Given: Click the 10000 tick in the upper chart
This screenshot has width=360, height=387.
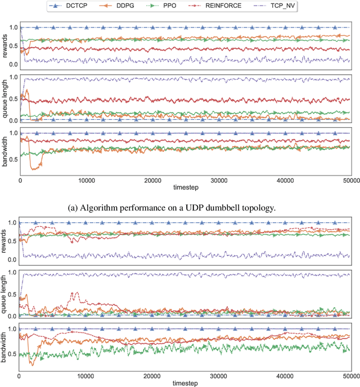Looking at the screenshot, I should pyautogui.click(x=86, y=180).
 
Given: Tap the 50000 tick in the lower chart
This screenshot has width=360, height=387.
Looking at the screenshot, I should pyautogui.click(x=350, y=375).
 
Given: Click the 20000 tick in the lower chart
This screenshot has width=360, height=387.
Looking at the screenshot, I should pyautogui.click(x=152, y=375).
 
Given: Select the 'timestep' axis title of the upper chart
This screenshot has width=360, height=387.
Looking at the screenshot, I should pyautogui.click(x=186, y=187).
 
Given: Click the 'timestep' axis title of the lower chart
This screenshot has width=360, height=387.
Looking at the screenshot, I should pyautogui.click(x=186, y=382).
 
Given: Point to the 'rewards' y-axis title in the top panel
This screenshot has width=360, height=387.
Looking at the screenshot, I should pyautogui.click(x=5, y=48).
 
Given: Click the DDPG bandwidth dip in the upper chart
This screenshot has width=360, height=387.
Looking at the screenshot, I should pyautogui.click(x=37, y=166).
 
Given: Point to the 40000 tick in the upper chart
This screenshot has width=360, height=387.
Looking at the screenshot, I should pyautogui.click(x=285, y=180).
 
